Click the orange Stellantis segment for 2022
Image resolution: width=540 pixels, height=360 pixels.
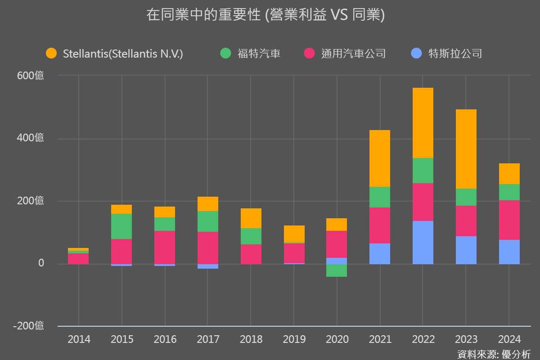coord(423,123)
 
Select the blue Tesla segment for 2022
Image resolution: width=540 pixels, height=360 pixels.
coord(423,242)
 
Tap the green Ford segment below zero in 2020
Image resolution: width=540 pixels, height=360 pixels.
coord(336,270)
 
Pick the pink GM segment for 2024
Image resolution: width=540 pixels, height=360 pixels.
coord(509,220)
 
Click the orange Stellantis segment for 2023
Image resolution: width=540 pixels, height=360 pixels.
coord(466,149)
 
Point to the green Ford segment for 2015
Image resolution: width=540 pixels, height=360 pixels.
coord(121,226)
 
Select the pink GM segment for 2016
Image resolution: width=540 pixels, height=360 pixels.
coord(165,247)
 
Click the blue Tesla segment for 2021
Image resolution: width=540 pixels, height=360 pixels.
coord(379,253)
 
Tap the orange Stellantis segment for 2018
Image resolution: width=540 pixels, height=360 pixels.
coord(251,218)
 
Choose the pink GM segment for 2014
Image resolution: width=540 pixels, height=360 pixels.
coord(78,259)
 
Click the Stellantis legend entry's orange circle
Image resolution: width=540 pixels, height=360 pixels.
coord(51,54)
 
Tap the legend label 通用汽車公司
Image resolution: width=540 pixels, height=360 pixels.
coord(354,54)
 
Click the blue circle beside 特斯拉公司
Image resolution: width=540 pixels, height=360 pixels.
coord(417,54)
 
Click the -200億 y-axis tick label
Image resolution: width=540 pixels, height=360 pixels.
coord(29,326)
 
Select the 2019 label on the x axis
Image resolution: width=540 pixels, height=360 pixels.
coord(294,339)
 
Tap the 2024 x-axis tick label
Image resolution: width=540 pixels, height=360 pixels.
coord(509,339)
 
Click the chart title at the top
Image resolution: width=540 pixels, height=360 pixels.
coord(265,15)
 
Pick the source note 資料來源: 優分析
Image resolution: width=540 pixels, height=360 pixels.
coord(494,354)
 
